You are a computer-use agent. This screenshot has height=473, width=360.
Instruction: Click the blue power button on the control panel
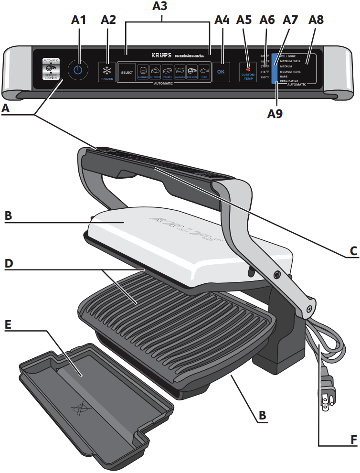pos(78,70)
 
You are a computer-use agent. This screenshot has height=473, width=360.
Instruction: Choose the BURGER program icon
pos(143,71)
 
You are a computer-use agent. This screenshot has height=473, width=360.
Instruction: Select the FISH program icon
pos(204,71)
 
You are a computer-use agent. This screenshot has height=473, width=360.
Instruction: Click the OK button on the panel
pos(221,72)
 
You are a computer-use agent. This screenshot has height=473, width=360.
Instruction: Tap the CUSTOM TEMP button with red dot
pos(248,72)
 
